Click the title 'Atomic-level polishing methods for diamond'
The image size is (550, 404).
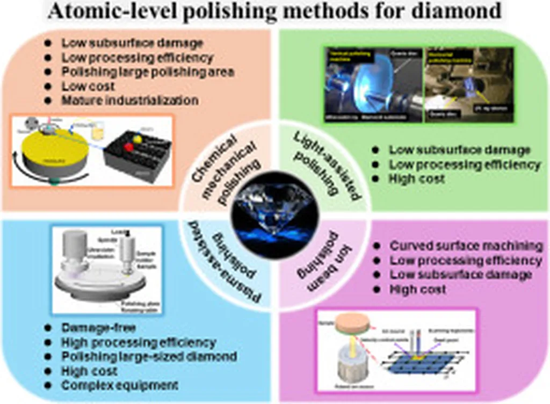[274, 12]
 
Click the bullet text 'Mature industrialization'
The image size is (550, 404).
[129, 100]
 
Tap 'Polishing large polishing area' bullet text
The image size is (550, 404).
[147, 71]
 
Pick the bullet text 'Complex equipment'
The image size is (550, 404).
[119, 385]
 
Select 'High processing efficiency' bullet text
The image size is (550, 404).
[139, 342]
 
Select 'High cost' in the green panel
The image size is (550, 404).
[417, 179]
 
